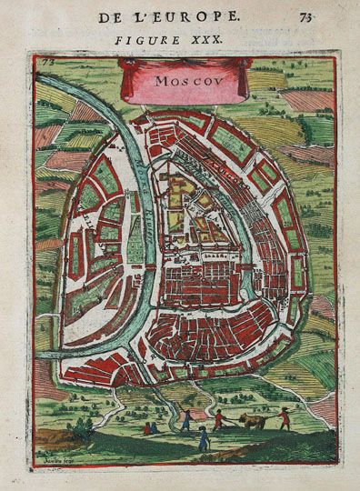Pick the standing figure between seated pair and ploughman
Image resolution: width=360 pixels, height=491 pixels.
185,417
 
